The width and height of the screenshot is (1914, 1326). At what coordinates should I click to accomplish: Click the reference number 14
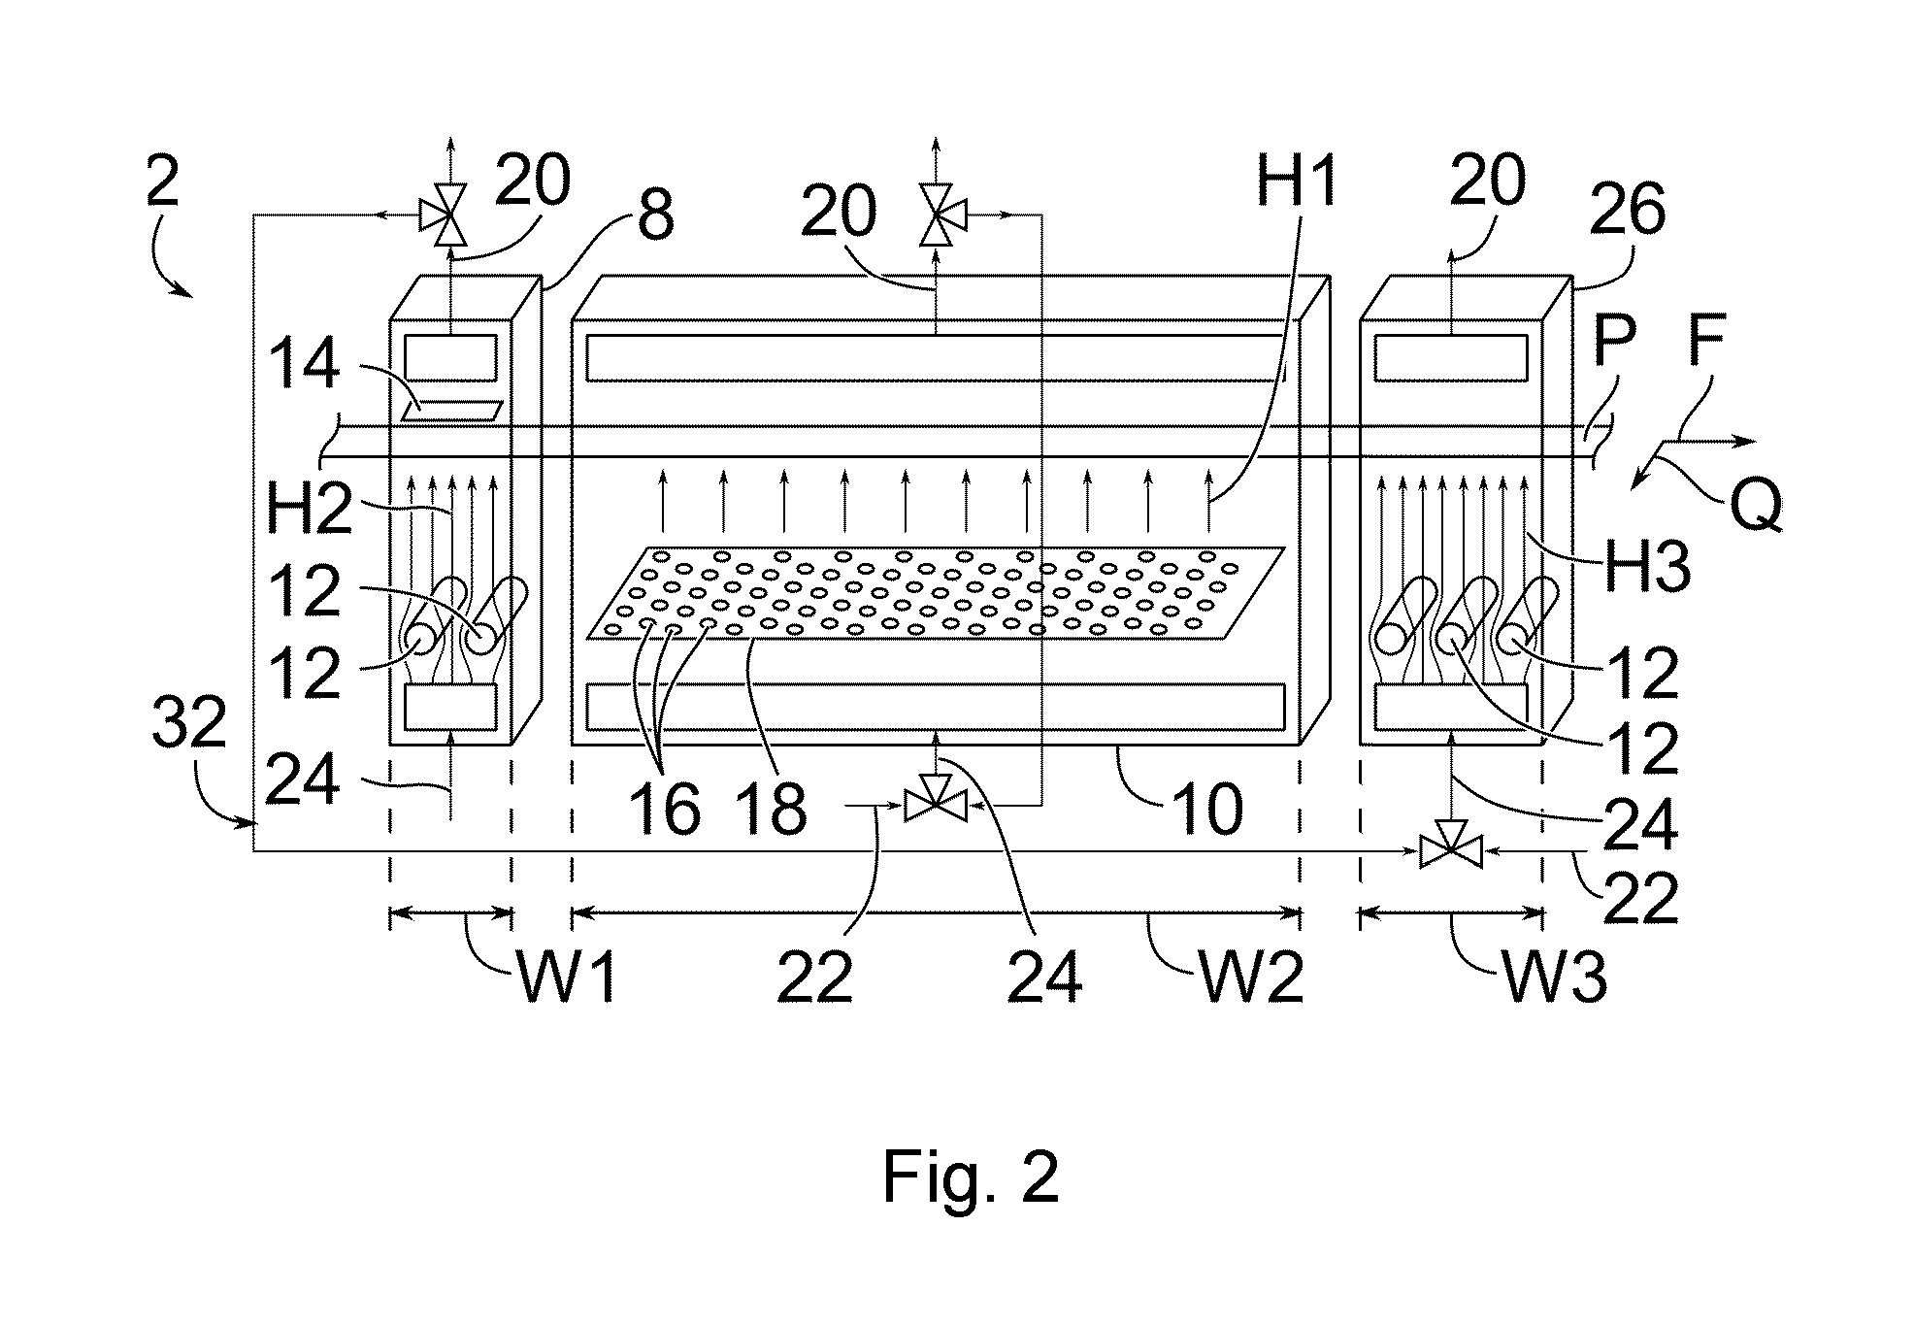point(304,366)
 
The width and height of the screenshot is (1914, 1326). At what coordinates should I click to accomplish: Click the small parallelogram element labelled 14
point(453,410)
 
